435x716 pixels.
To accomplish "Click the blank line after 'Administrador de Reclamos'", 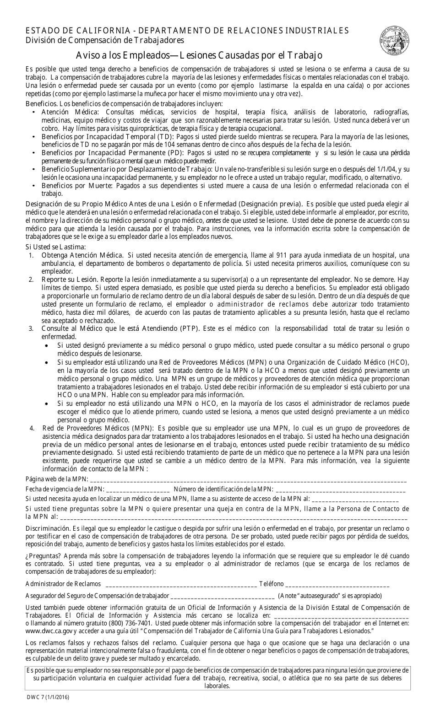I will click(x=180, y=584).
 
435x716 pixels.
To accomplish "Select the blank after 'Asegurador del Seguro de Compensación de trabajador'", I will click(x=222, y=596).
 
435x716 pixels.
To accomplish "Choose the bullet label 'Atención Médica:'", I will click(x=70, y=112).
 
